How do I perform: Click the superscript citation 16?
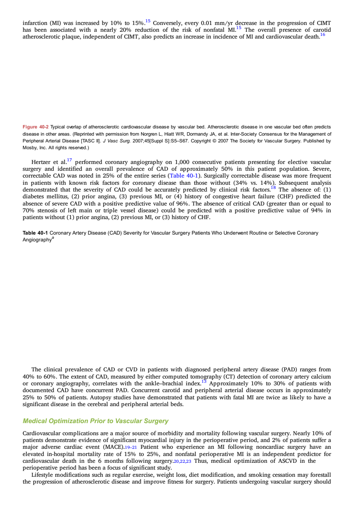pos(323,35)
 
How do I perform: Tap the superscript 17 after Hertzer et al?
pos(69,160)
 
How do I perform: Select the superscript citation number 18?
pos(273,188)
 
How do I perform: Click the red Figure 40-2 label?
pos(36,127)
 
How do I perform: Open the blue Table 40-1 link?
pos(184,176)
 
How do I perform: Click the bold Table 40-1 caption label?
pos(35,233)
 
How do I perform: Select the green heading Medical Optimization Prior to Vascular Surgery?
pos(96,421)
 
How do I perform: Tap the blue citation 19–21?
pos(131,447)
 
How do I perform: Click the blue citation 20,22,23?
pos(182,461)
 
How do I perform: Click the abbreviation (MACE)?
pos(114,447)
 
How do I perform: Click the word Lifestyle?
pos(42,475)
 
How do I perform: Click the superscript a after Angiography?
pos(53,238)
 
